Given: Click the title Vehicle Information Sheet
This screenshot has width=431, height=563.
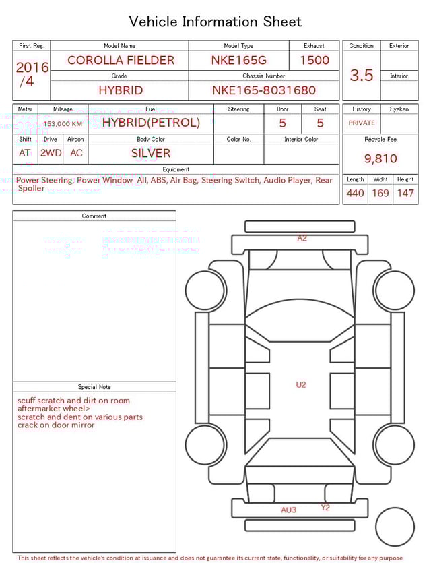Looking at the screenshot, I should point(215,22).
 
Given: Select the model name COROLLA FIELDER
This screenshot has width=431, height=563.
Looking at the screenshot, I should point(121,60).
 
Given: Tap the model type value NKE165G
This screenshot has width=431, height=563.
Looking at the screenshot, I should point(238,60).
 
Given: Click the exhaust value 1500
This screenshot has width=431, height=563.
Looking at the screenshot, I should point(314,60).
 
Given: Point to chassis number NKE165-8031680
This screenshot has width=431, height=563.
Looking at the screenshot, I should point(264,90).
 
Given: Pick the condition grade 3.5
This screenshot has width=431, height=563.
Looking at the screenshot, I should point(362,76).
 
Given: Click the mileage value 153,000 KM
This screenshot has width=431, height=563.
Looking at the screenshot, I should point(63,124).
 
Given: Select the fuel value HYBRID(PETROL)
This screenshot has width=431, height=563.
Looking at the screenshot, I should point(151,123).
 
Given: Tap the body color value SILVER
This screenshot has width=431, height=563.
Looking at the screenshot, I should point(151,153).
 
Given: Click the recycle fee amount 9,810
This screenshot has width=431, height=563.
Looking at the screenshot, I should point(380,158).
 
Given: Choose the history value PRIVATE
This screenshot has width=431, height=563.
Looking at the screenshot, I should point(362,123).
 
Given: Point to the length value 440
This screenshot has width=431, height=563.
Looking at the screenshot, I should point(355,193).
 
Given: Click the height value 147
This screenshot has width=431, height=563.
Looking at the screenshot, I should point(405,193).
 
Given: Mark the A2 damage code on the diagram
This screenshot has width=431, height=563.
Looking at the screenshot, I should point(302,238).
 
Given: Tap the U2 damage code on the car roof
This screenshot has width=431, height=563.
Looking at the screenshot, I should point(301,384).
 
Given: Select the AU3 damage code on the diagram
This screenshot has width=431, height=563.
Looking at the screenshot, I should point(288,510).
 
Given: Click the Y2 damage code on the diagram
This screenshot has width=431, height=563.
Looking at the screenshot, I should point(325,508).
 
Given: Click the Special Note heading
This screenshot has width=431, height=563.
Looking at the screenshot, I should point(94,387).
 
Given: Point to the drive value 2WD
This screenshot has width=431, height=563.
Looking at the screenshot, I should point(51,153).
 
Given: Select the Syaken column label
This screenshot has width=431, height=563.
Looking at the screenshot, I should point(399,109).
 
